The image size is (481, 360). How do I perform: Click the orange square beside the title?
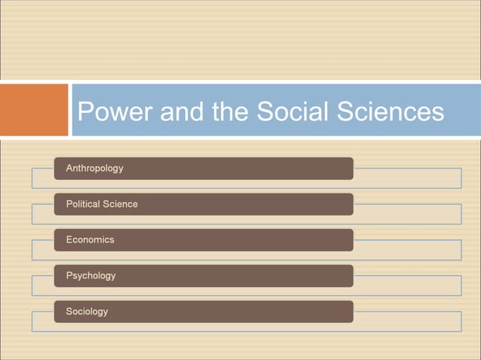click(x=34, y=110)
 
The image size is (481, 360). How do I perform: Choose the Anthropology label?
click(x=94, y=168)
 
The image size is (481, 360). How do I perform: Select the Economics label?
click(x=90, y=239)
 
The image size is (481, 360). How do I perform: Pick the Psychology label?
click(x=90, y=276)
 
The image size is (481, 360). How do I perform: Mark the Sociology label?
click(x=87, y=311)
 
